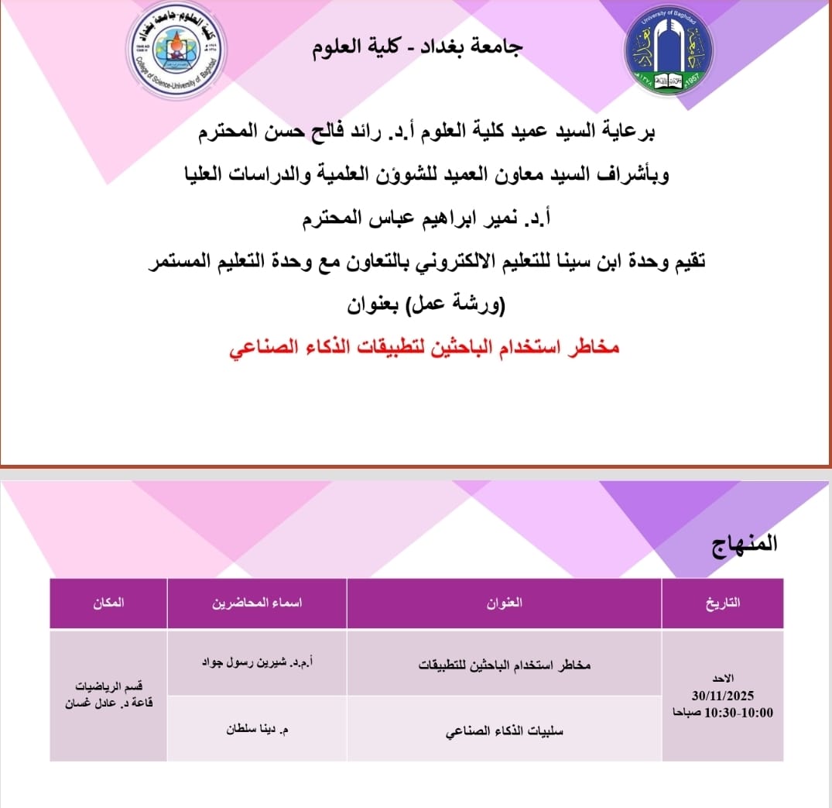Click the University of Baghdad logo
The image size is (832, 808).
[669, 53]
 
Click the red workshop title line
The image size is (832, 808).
[425, 348]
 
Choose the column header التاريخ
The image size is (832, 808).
[723, 603]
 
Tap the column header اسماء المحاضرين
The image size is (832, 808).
[256, 603]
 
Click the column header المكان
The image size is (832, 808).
[108, 603]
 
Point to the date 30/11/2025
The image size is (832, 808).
[723, 696]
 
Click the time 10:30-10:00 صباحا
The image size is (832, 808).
[722, 712]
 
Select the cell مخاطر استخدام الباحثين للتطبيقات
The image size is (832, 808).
[505, 665]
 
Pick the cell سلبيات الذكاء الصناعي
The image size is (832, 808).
[505, 730]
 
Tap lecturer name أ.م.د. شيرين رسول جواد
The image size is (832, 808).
[256, 663]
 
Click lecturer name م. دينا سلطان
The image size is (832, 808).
[256, 729]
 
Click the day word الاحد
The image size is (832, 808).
[723, 679]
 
